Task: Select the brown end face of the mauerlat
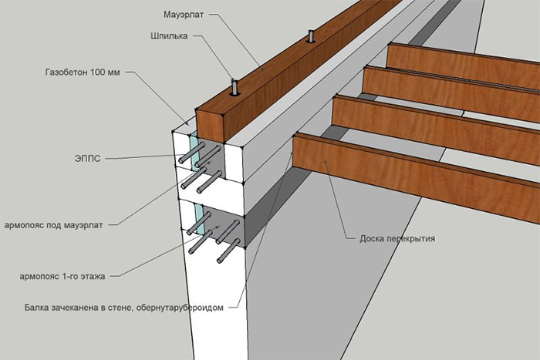[211, 126]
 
